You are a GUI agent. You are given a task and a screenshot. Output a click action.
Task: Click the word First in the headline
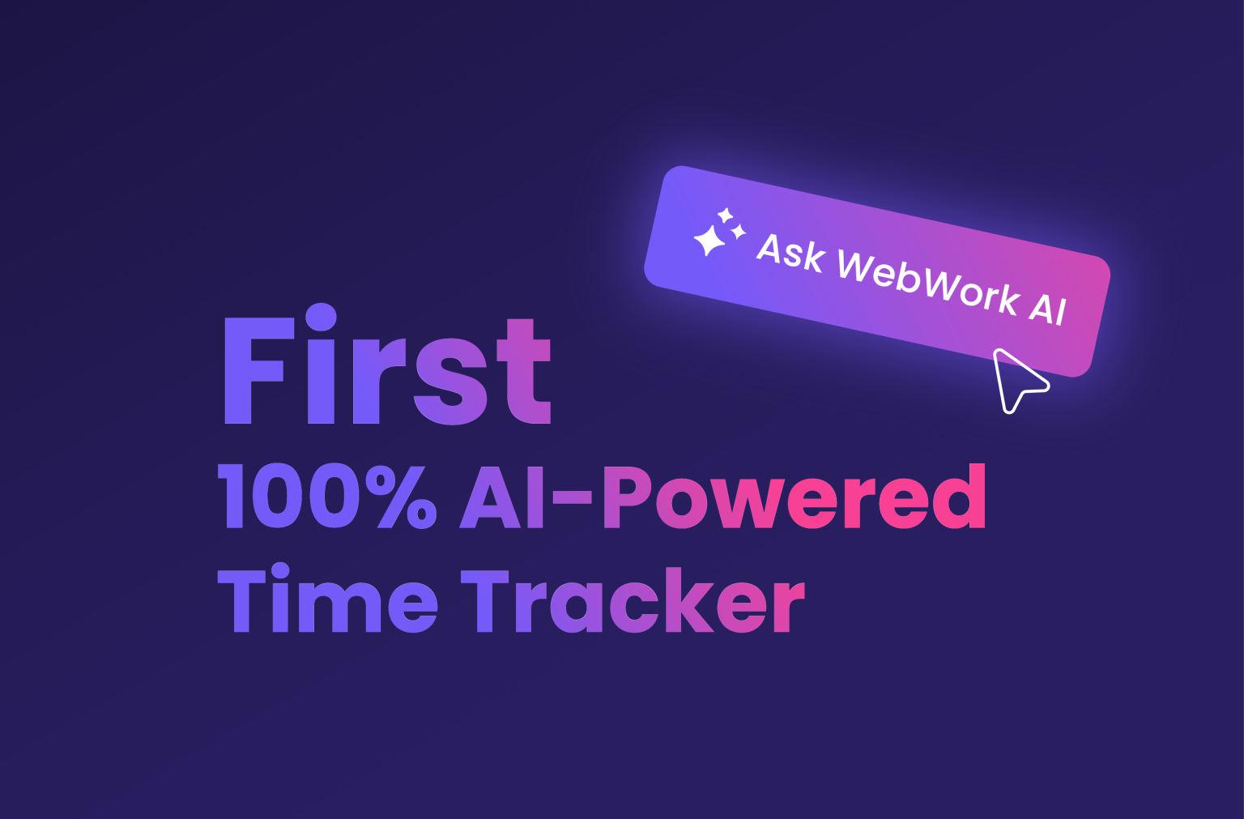386,369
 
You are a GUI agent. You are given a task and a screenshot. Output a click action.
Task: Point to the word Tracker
633,599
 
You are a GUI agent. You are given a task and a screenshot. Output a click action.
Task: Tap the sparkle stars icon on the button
718,232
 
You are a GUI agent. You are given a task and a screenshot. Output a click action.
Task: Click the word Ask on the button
790,252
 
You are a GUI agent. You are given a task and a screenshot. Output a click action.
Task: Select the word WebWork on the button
927,283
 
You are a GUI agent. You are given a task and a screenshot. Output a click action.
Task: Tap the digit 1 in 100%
232,497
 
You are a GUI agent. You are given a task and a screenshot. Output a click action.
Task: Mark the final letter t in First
526,374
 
